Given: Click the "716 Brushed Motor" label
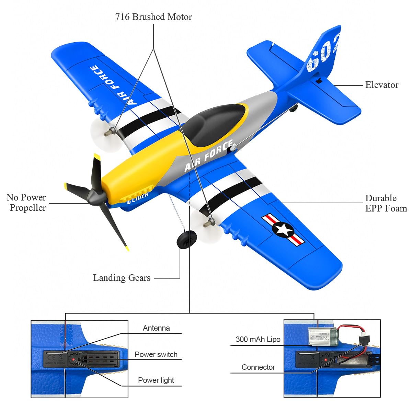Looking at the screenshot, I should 153,17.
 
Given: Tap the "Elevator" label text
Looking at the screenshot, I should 381,85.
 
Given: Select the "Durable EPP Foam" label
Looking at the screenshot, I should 386,203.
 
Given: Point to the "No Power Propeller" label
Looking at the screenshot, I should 26,203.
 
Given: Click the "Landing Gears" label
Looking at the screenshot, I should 122,278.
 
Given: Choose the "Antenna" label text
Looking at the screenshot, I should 156,328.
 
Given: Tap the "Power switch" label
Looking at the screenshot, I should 156,355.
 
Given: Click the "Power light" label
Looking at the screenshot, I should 156,380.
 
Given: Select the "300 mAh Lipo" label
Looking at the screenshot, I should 258,340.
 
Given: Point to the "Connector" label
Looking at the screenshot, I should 258,367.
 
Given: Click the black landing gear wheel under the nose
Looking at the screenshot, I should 186,239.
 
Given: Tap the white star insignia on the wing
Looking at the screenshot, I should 283,229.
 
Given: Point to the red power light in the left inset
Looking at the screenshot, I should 74,359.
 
